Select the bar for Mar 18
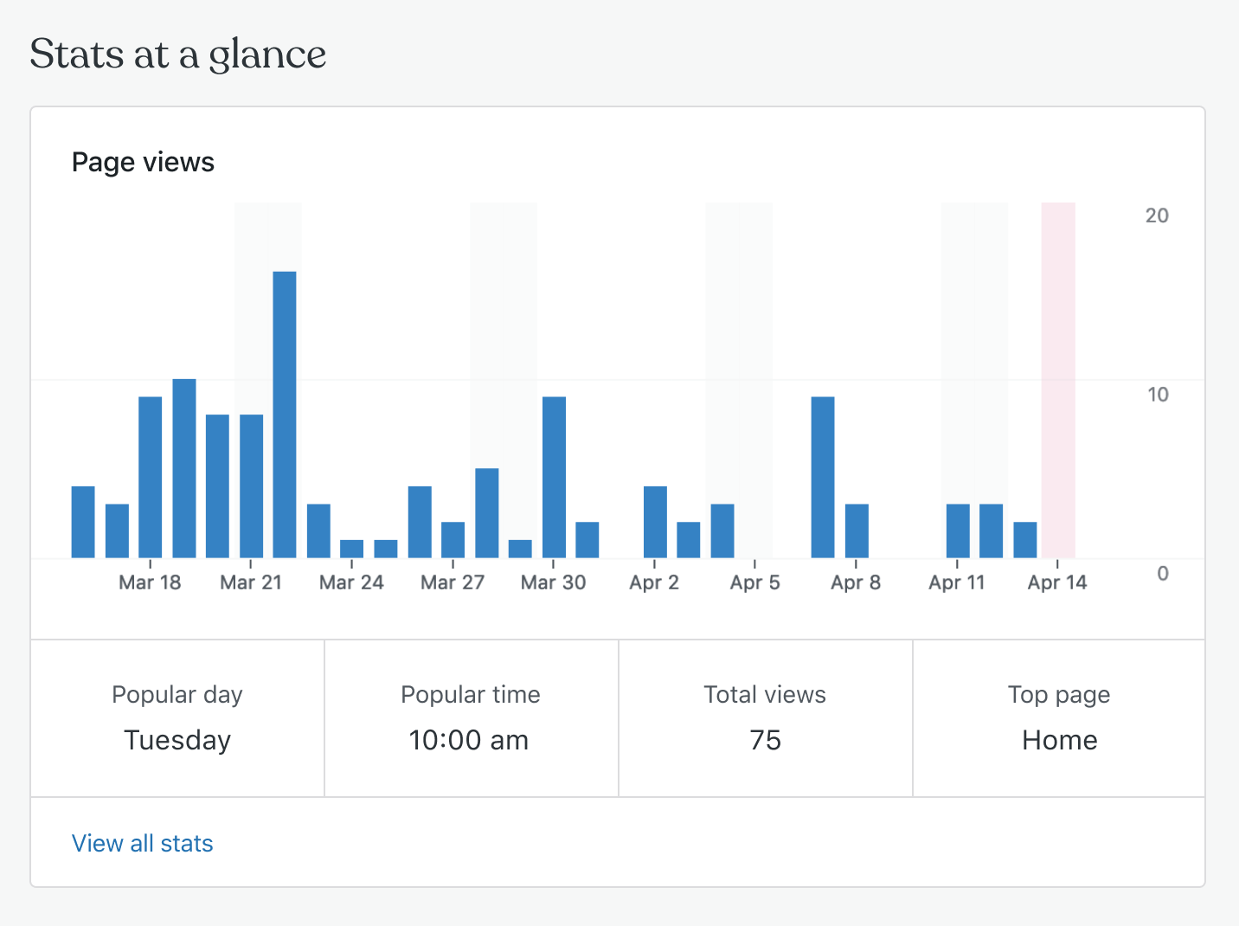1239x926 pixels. pyautogui.click(x=151, y=477)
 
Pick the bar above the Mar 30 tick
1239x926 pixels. pyautogui.click(x=554, y=477)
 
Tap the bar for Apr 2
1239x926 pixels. pyautogui.click(x=655, y=522)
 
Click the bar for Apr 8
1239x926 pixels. pyautogui.click(x=857, y=531)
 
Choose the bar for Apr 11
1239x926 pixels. pyautogui.click(x=958, y=531)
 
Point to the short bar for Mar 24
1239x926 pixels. pyautogui.click(x=352, y=549)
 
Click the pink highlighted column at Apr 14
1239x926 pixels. pyautogui.click(x=1058, y=380)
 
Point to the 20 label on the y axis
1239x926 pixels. pyautogui.click(x=1157, y=215)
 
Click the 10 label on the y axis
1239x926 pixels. pyautogui.click(x=1157, y=395)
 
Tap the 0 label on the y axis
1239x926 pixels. pyautogui.click(x=1163, y=573)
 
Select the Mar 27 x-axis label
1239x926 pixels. pyautogui.click(x=453, y=582)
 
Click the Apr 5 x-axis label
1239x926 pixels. pyautogui.click(x=755, y=582)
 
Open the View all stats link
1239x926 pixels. pyautogui.click(x=143, y=843)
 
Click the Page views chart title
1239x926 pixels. pyautogui.click(x=143, y=162)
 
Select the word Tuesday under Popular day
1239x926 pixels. pyautogui.click(x=177, y=740)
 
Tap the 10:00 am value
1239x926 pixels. pyautogui.click(x=469, y=740)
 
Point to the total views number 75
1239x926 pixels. pyautogui.click(x=766, y=740)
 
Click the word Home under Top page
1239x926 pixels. pyautogui.click(x=1060, y=740)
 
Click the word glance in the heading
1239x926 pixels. pyautogui.click(x=267, y=55)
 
